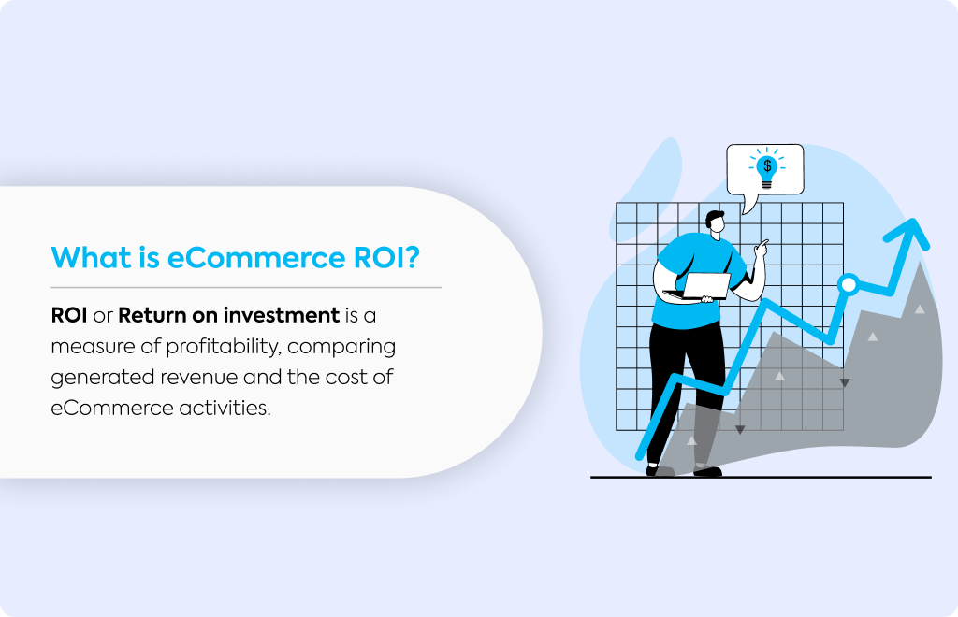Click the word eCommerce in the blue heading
[x=256, y=258]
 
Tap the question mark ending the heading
[x=413, y=257]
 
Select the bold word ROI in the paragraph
[x=69, y=316]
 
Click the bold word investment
[x=281, y=316]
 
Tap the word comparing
[x=341, y=348]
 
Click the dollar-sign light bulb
[x=767, y=168]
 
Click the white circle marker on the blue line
[x=848, y=284]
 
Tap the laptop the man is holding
[x=703, y=286]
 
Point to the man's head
[x=716, y=222]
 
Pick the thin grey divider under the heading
[x=246, y=287]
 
